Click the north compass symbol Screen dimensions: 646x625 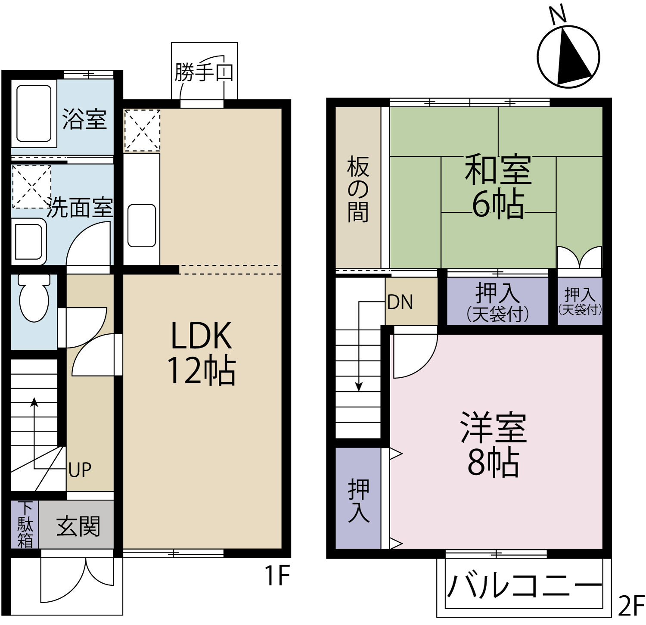tap(568, 56)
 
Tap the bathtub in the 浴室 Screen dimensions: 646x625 tap(34, 113)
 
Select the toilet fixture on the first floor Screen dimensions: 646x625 tap(34, 298)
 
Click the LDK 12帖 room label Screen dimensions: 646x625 tap(202, 353)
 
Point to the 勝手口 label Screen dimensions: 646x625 tap(204, 72)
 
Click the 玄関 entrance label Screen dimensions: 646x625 tap(78, 526)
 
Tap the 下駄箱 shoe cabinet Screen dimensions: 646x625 tap(25, 525)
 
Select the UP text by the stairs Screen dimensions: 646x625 tap(80, 470)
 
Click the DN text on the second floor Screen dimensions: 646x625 tap(400, 302)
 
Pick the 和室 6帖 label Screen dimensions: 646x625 tap(498, 187)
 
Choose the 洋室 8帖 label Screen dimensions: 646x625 tap(494, 444)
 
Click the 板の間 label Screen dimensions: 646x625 tap(358, 190)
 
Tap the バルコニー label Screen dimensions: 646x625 tap(524, 585)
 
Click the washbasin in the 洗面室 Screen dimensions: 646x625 tap(28, 242)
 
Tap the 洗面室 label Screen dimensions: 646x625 tap(80, 208)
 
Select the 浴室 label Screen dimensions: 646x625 tap(84, 119)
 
